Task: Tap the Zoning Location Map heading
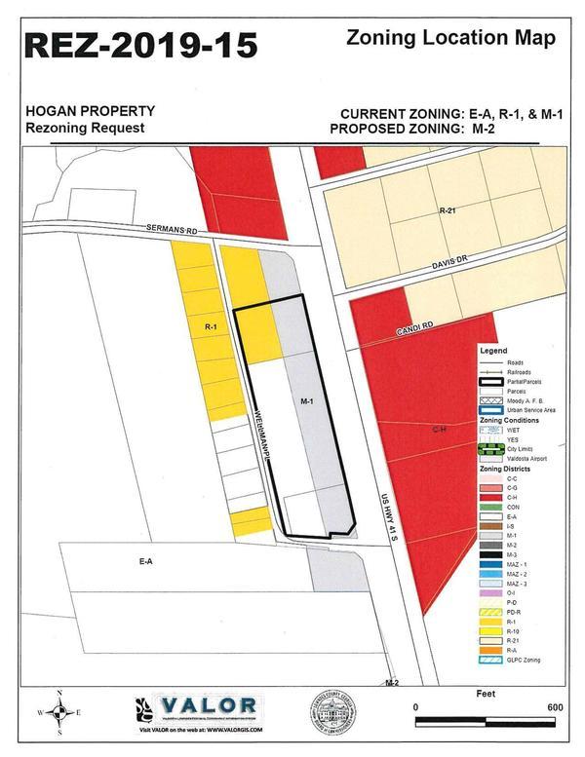(x=451, y=39)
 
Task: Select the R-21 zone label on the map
(x=448, y=210)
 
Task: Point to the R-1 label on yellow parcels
(x=210, y=324)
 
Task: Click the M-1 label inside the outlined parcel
(x=305, y=400)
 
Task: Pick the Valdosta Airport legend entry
(x=526, y=458)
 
